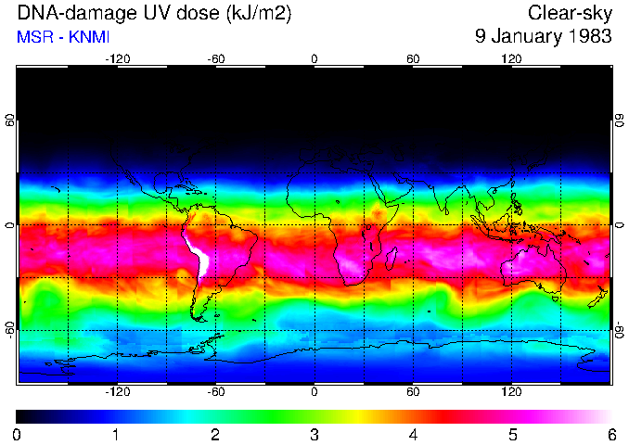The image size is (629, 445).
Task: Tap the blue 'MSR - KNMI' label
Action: [x=61, y=38]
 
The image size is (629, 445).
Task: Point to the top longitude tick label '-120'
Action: [x=117, y=59]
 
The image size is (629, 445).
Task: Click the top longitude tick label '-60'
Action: [x=215, y=59]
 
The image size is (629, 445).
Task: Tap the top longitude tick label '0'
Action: [x=314, y=59]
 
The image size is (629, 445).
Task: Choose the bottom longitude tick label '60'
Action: [x=413, y=392]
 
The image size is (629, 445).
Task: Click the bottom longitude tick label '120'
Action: [x=512, y=392]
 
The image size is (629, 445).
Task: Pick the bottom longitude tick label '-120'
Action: [x=117, y=392]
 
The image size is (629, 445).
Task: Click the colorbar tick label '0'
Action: [x=18, y=434]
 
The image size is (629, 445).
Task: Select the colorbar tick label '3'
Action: [x=314, y=434]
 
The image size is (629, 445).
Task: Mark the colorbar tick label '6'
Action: [x=611, y=434]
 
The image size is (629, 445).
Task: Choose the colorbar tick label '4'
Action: [x=413, y=434]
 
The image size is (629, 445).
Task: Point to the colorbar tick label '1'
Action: [x=117, y=434]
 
